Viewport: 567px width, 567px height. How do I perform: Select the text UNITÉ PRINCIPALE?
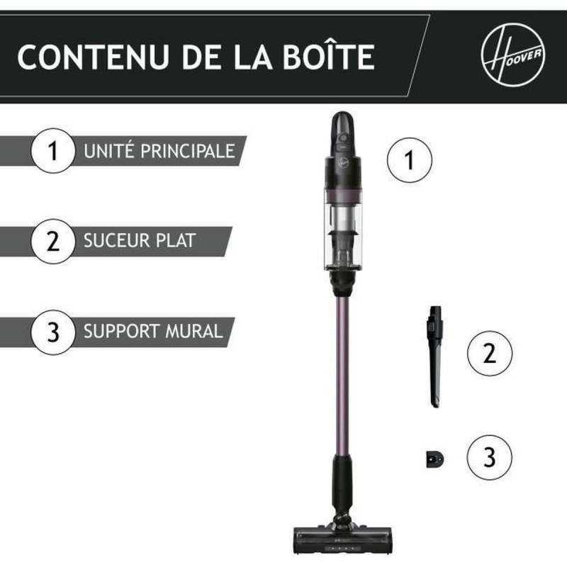[x=159, y=151]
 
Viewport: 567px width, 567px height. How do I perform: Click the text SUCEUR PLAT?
[x=139, y=241]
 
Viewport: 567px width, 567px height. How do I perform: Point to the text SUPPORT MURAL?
[x=153, y=330]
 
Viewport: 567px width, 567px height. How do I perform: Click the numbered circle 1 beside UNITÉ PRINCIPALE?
[x=52, y=152]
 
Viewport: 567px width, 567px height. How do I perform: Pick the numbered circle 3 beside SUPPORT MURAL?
[x=52, y=331]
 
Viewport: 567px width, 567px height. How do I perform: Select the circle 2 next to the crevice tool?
[x=489, y=353]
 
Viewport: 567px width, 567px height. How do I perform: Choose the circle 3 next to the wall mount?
[x=489, y=457]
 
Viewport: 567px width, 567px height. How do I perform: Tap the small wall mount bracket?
[x=434, y=459]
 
